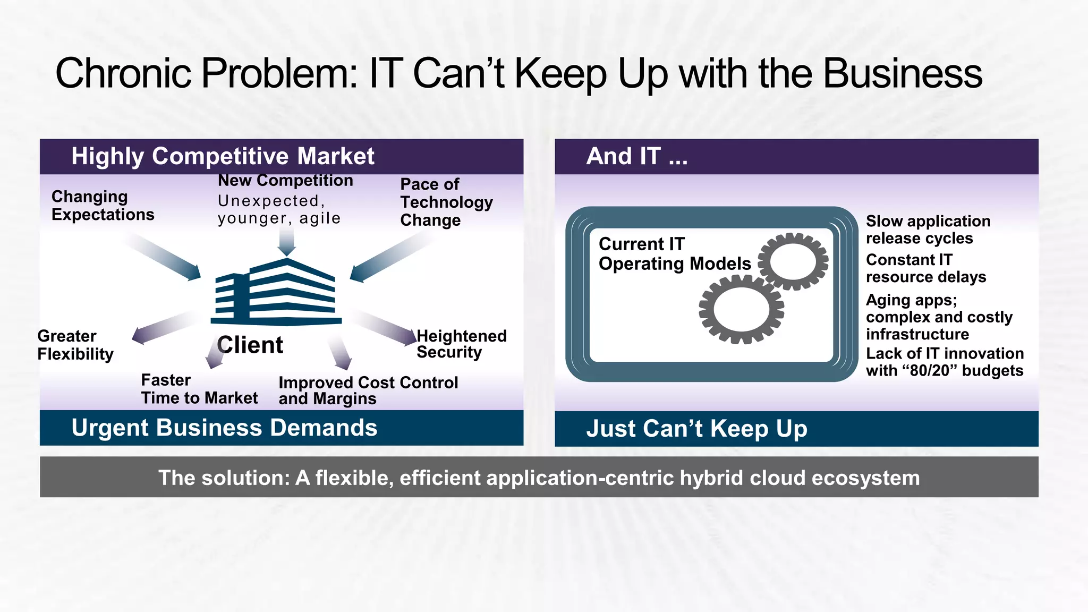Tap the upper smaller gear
tap(793, 261)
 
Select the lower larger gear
tap(741, 310)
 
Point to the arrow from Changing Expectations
tap(165, 258)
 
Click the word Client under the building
tap(250, 345)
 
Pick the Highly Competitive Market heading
tap(223, 156)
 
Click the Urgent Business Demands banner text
tap(224, 428)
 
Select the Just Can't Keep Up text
tap(696, 429)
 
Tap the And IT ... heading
tap(636, 156)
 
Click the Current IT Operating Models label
tap(674, 254)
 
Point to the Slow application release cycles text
tap(928, 229)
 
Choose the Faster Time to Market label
tap(199, 389)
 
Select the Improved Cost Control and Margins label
tap(368, 390)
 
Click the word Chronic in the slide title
tap(123, 73)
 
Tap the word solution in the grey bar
tap(245, 478)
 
